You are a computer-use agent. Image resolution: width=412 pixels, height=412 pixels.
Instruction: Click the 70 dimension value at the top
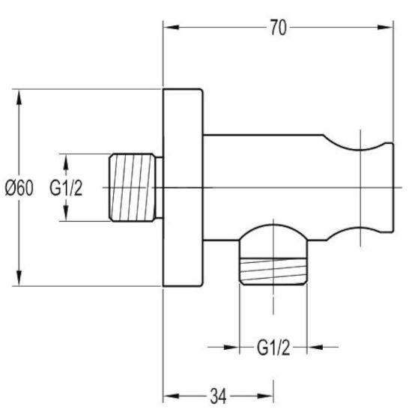(279, 28)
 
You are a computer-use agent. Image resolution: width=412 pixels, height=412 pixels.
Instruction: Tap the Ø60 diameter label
(19, 188)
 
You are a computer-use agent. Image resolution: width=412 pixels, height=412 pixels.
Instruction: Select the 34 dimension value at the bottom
(218, 396)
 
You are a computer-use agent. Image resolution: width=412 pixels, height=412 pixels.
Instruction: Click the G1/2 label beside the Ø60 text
(66, 188)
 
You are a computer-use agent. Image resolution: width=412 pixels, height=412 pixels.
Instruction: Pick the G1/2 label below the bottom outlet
(273, 348)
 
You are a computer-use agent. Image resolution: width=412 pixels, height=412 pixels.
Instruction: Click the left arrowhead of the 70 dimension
(172, 27)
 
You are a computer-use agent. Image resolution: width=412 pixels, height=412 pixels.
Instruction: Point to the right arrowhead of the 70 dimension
(385, 27)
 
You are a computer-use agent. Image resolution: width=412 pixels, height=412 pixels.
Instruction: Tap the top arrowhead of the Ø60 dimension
(19, 97)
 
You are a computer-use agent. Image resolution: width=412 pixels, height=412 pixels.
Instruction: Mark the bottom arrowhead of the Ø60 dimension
(19, 278)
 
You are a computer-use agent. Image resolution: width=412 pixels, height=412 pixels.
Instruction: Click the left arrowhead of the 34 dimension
(172, 396)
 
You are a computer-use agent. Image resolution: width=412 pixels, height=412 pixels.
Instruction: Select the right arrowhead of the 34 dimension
(265, 396)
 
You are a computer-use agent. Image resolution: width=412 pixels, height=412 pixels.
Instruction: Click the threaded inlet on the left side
(132, 187)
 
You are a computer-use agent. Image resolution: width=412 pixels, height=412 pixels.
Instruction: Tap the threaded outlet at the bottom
(273, 271)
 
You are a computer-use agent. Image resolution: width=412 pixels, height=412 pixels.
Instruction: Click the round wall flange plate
(183, 187)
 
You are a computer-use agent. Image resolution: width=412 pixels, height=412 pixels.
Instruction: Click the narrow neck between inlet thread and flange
(160, 187)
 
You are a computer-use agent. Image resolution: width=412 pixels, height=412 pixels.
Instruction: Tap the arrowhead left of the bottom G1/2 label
(231, 348)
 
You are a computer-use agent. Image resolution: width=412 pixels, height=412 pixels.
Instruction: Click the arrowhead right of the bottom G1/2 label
(315, 348)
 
